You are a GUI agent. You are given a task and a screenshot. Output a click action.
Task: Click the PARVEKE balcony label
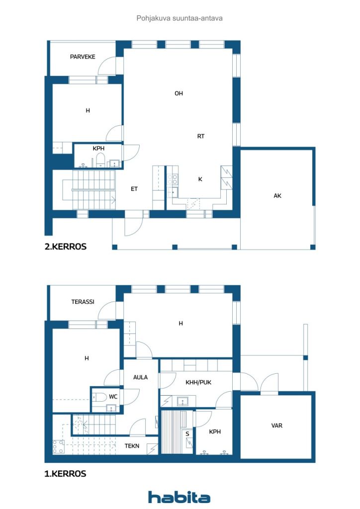(83, 57)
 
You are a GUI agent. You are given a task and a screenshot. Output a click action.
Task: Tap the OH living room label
(179, 93)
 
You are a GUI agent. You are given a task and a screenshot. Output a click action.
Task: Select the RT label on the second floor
(200, 136)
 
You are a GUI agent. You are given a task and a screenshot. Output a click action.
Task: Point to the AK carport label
(277, 196)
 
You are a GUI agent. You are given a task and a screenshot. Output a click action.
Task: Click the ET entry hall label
(134, 189)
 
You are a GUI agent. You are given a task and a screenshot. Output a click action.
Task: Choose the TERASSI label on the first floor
(83, 302)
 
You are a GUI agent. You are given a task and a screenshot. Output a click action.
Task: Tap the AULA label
(140, 377)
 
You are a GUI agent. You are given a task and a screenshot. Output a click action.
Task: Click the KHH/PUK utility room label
(198, 382)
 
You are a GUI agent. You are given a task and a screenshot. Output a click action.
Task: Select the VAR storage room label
(277, 425)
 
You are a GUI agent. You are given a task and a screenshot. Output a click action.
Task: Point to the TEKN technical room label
(132, 446)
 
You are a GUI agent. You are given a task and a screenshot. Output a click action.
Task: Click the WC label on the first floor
(113, 397)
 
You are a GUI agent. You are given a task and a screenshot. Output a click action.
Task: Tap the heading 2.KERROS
(66, 247)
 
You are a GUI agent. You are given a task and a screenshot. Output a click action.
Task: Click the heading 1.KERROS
(65, 474)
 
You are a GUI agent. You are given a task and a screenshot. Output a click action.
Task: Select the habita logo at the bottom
(179, 497)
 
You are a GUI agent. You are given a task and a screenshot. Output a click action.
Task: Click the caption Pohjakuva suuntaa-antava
(180, 18)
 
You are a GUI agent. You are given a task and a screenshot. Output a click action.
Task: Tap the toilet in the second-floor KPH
(100, 160)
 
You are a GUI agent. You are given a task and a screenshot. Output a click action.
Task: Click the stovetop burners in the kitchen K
(173, 179)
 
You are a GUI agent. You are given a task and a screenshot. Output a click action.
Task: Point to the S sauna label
(187, 433)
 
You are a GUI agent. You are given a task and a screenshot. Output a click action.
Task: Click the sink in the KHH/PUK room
(182, 402)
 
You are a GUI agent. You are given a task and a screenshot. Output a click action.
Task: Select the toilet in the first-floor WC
(99, 397)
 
